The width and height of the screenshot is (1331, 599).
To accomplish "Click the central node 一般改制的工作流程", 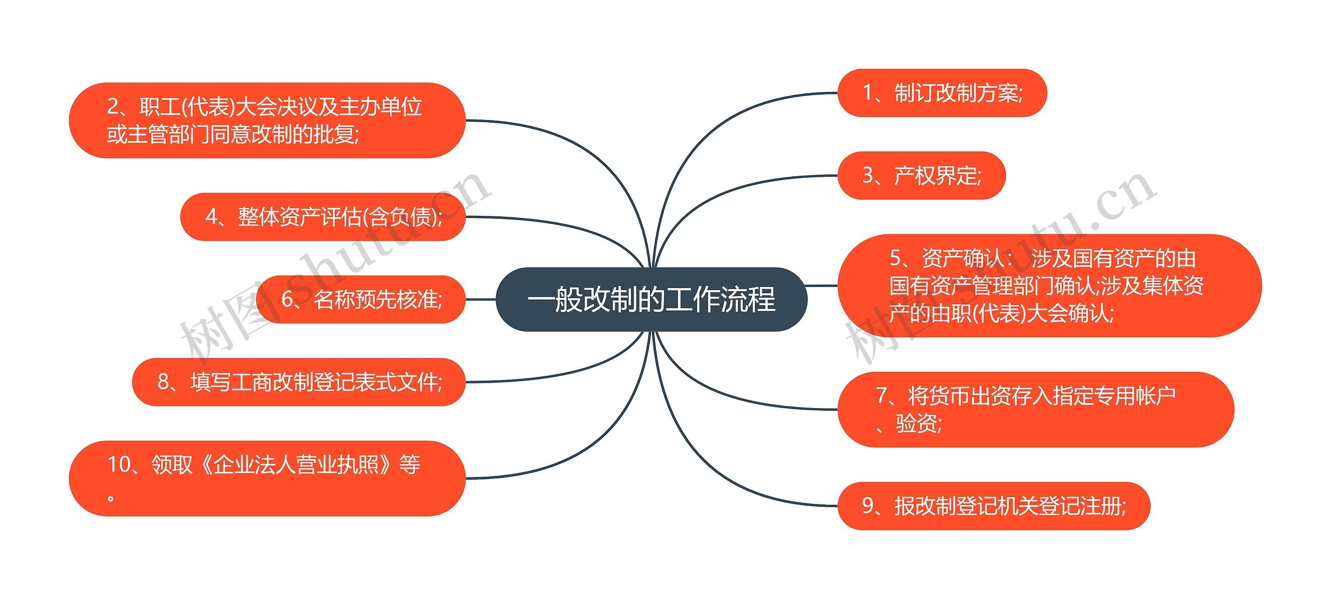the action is [x=651, y=299].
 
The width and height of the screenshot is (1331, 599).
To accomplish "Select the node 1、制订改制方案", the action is [x=942, y=93].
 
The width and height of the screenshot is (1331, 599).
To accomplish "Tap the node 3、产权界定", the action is [x=921, y=176].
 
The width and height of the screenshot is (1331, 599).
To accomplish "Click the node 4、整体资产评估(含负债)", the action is [x=323, y=217].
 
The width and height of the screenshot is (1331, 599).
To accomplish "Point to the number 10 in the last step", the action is [x=119, y=464].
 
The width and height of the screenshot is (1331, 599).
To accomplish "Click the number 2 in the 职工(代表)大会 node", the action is [x=113, y=107].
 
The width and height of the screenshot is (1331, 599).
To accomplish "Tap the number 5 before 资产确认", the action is [x=895, y=258].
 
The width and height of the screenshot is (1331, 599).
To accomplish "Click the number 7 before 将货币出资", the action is [x=882, y=396].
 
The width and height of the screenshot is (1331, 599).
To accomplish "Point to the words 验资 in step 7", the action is [x=917, y=423].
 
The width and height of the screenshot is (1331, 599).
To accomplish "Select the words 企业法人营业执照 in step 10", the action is [x=296, y=464].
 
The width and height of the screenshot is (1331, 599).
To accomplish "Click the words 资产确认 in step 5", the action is [x=962, y=258].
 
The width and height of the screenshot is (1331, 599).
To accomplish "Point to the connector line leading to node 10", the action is [x=572, y=458].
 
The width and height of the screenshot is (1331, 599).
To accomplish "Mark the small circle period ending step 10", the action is [x=110, y=499].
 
